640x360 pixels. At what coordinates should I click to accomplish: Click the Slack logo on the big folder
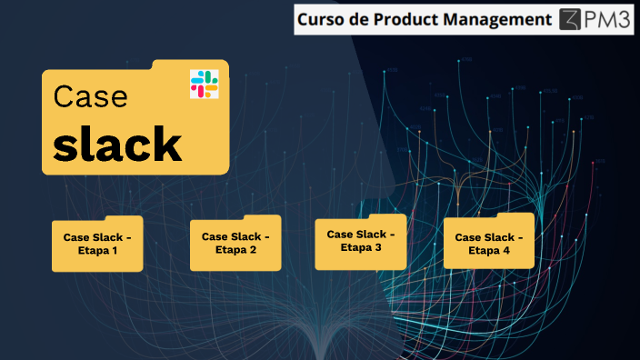coord(204,84)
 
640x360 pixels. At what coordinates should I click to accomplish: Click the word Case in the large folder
coord(90,97)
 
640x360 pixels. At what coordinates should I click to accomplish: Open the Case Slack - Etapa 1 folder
coord(97,245)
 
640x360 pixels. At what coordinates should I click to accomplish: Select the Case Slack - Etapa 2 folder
coord(235,244)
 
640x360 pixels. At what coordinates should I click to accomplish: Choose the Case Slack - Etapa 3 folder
coord(361,241)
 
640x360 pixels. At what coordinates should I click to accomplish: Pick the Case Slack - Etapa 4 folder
coord(489,243)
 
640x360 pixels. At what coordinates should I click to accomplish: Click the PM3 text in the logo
coord(610,19)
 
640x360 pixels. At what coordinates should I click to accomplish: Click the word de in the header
coord(361,19)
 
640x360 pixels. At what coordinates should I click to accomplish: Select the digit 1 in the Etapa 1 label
coord(115,251)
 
